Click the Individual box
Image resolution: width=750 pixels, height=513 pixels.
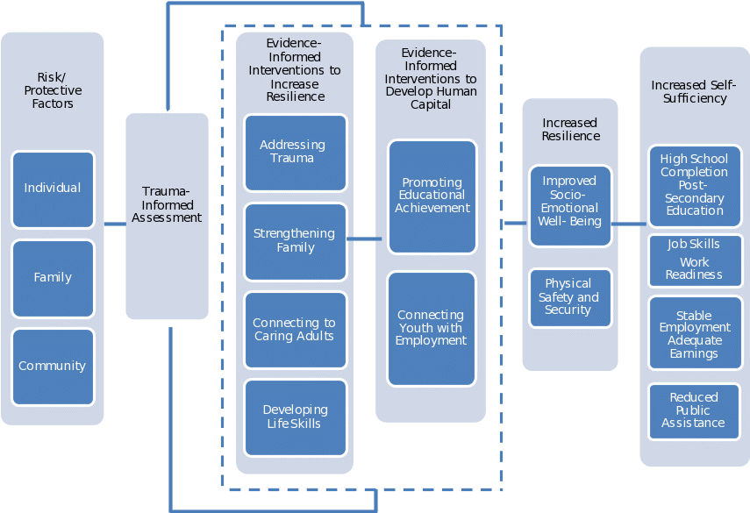tap(53, 189)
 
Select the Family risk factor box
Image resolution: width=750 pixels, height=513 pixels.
tap(53, 278)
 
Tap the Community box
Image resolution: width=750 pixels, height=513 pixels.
tap(53, 367)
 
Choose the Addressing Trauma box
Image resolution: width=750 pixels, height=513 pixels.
tap(295, 153)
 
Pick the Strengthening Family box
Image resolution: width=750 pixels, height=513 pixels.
tap(295, 241)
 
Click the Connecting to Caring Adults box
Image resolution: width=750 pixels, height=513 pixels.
tap(295, 330)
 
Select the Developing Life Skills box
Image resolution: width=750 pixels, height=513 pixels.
tap(295, 417)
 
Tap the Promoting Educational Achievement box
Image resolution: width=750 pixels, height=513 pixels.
tap(432, 196)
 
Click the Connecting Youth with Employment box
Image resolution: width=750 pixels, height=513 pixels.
tap(432, 329)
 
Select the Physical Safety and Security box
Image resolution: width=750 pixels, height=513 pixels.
tap(570, 297)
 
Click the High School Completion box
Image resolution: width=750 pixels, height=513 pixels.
tap(695, 185)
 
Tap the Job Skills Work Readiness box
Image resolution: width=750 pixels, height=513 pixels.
tap(695, 260)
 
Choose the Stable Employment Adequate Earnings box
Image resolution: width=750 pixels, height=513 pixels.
tap(695, 334)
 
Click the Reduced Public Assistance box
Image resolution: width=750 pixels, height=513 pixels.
tap(695, 410)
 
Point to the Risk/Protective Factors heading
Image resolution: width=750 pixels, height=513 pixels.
tap(53, 90)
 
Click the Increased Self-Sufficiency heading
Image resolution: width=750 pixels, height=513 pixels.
tap(694, 91)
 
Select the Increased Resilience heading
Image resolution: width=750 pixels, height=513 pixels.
tap(570, 129)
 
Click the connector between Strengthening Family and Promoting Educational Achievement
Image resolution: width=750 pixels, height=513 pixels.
tap(364, 239)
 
